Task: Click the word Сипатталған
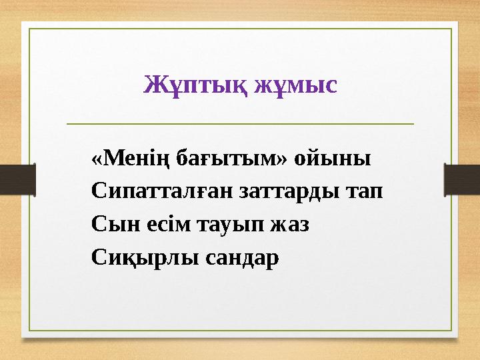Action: [x=159, y=192]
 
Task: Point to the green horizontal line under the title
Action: [x=240, y=123]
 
